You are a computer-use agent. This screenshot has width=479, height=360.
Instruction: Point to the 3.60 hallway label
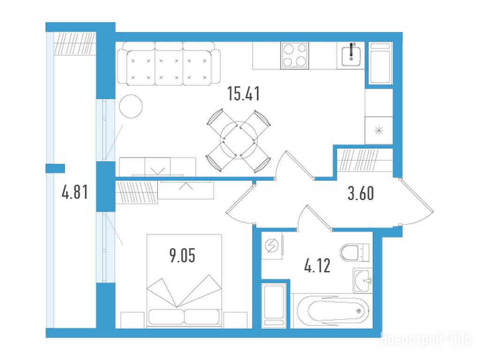361,193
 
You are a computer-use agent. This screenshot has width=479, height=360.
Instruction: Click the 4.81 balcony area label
75,192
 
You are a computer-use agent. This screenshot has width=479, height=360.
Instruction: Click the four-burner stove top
294,55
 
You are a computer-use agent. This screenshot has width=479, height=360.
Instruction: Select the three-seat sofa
168,63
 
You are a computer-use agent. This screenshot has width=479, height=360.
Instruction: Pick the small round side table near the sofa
131,106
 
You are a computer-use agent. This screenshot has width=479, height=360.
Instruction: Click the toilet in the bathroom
355,253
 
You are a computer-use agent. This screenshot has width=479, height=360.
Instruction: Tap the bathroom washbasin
363,280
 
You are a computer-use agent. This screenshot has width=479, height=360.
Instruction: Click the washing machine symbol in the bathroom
272,246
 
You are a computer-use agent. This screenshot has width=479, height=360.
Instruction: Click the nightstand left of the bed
132,320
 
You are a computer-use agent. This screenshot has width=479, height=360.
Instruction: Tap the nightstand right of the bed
235,320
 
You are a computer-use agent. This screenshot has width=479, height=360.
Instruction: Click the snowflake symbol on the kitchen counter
379,131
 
